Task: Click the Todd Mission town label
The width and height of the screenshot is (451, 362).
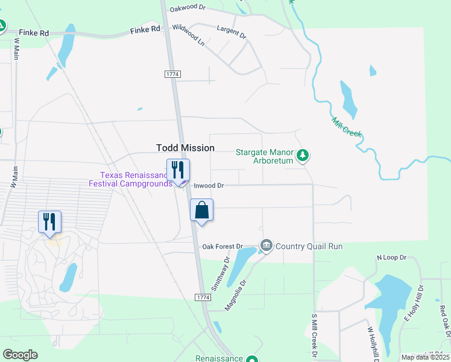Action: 185,148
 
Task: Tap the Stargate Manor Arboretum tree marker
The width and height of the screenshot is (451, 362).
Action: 303,156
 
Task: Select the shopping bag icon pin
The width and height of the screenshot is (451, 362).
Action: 202,211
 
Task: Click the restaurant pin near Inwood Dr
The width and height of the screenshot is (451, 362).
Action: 178,170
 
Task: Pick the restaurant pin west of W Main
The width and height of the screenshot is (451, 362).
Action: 49,221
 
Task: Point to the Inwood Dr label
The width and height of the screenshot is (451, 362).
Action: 208,186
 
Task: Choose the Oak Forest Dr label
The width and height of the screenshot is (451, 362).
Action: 222,247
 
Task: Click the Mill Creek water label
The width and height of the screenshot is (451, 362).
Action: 346,127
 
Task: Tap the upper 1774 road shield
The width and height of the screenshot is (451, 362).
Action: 172,73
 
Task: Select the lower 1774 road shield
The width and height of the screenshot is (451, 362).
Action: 203,298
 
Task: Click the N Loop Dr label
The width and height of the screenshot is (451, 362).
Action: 392,258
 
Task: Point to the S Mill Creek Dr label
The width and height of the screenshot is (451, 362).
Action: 314,334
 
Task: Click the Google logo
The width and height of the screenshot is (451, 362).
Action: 20,355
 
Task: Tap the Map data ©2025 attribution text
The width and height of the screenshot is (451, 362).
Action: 425,357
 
